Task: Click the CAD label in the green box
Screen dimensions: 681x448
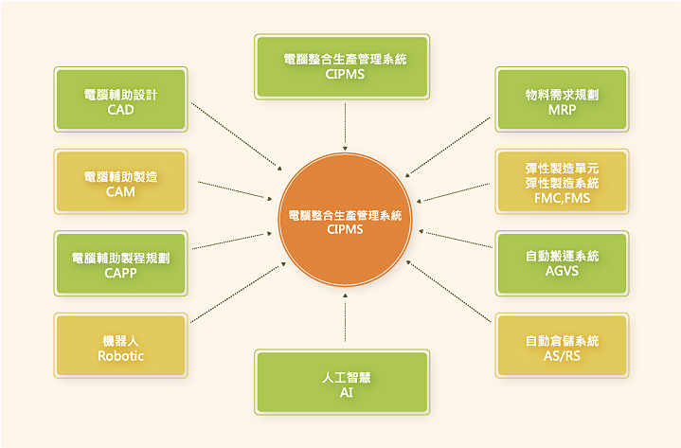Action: tap(120, 110)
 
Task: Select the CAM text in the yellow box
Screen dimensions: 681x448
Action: tap(120, 192)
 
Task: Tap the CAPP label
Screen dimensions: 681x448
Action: tap(120, 273)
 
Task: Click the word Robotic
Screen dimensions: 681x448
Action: tap(120, 356)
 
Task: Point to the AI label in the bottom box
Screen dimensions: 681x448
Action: tap(346, 392)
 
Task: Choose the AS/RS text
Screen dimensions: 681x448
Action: tap(562, 356)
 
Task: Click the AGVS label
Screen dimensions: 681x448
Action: tap(562, 271)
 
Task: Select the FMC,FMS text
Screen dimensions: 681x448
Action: tap(562, 198)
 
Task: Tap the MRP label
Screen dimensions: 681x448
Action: tap(562, 110)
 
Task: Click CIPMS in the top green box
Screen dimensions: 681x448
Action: tap(346, 74)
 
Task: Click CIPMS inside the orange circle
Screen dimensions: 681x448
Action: tap(345, 229)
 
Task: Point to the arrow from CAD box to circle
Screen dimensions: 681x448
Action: tap(237, 136)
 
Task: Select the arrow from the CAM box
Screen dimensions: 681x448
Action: tap(235, 190)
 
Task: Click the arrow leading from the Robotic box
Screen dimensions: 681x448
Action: tap(238, 293)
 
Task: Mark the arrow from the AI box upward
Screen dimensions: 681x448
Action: tap(346, 317)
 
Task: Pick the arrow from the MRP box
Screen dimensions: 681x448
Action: tap(448, 147)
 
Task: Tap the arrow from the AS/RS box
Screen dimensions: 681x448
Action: tap(449, 292)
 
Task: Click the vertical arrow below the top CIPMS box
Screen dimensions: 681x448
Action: tap(346, 127)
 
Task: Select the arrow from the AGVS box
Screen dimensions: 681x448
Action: tap(456, 240)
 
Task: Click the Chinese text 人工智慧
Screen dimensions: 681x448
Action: tap(346, 378)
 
